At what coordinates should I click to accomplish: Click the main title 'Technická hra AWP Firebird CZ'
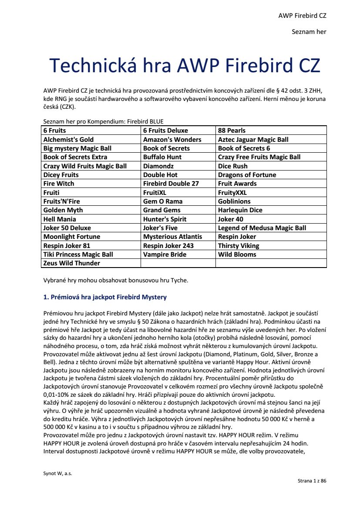pos(185,66)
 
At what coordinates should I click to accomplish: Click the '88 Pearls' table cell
pos(232,131)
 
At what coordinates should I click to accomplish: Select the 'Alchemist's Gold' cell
pos(68,140)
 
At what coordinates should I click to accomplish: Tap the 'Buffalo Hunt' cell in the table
pos(162,157)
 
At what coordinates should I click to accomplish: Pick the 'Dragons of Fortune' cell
pos(247,175)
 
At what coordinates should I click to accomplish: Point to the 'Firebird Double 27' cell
pos(171,184)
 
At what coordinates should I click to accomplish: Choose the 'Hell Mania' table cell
pos(60,219)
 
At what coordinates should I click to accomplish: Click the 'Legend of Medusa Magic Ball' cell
pos(262,228)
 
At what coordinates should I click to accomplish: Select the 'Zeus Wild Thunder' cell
pos(71,263)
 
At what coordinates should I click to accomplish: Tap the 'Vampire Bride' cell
pos(165,254)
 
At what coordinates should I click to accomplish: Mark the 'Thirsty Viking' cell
pos(239,246)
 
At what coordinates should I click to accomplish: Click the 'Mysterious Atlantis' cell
pos(172,237)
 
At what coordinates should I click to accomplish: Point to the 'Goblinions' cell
pos(234,201)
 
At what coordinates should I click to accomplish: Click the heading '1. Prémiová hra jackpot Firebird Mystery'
pos(105,298)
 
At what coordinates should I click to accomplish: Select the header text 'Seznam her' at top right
pos(309,32)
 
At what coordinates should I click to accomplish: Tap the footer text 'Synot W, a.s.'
pos(57,474)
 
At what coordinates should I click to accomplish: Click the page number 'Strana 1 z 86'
pos(312,481)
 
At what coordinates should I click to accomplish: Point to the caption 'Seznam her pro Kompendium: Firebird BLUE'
pos(103,122)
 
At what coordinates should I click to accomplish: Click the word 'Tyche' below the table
pos(179,280)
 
